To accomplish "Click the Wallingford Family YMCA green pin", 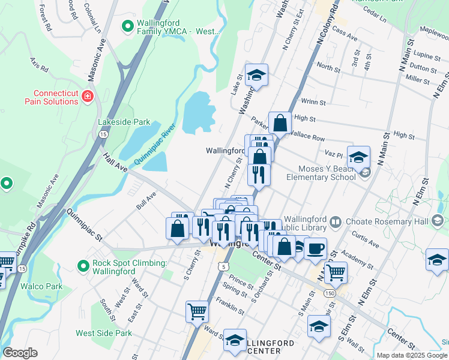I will point(127,26).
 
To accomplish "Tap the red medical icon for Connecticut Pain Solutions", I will point(88,95).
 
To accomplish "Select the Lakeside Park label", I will point(124,122).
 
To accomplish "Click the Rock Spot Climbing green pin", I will point(85,265).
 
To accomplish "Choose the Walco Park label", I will point(41,286).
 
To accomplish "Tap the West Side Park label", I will point(103,333).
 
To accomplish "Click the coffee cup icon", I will point(315,248).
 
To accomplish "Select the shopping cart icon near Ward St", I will point(197,311).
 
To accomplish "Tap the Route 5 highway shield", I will point(223,265).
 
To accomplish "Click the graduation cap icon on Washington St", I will point(256,75).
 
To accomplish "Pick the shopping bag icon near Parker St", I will point(280,123).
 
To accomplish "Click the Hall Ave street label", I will point(115,161).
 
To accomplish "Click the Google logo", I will point(20,353).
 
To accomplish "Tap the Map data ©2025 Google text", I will point(411,355).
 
